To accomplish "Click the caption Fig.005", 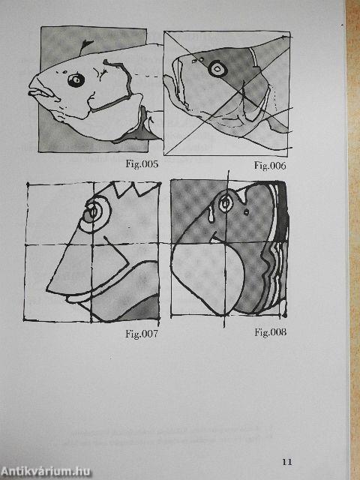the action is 142,164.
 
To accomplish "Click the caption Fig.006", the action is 270,166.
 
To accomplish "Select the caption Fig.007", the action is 142,333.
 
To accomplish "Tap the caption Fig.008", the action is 271,332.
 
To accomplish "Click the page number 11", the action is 287,462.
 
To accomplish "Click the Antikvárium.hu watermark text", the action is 46,472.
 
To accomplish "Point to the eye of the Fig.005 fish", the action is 76,80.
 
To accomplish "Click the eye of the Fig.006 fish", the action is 217,68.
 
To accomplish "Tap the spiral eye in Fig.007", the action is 94,212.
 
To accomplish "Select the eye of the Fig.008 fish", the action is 226,202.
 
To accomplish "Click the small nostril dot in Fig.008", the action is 247,211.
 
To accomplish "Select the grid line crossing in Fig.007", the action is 91,244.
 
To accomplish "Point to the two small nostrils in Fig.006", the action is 198,60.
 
